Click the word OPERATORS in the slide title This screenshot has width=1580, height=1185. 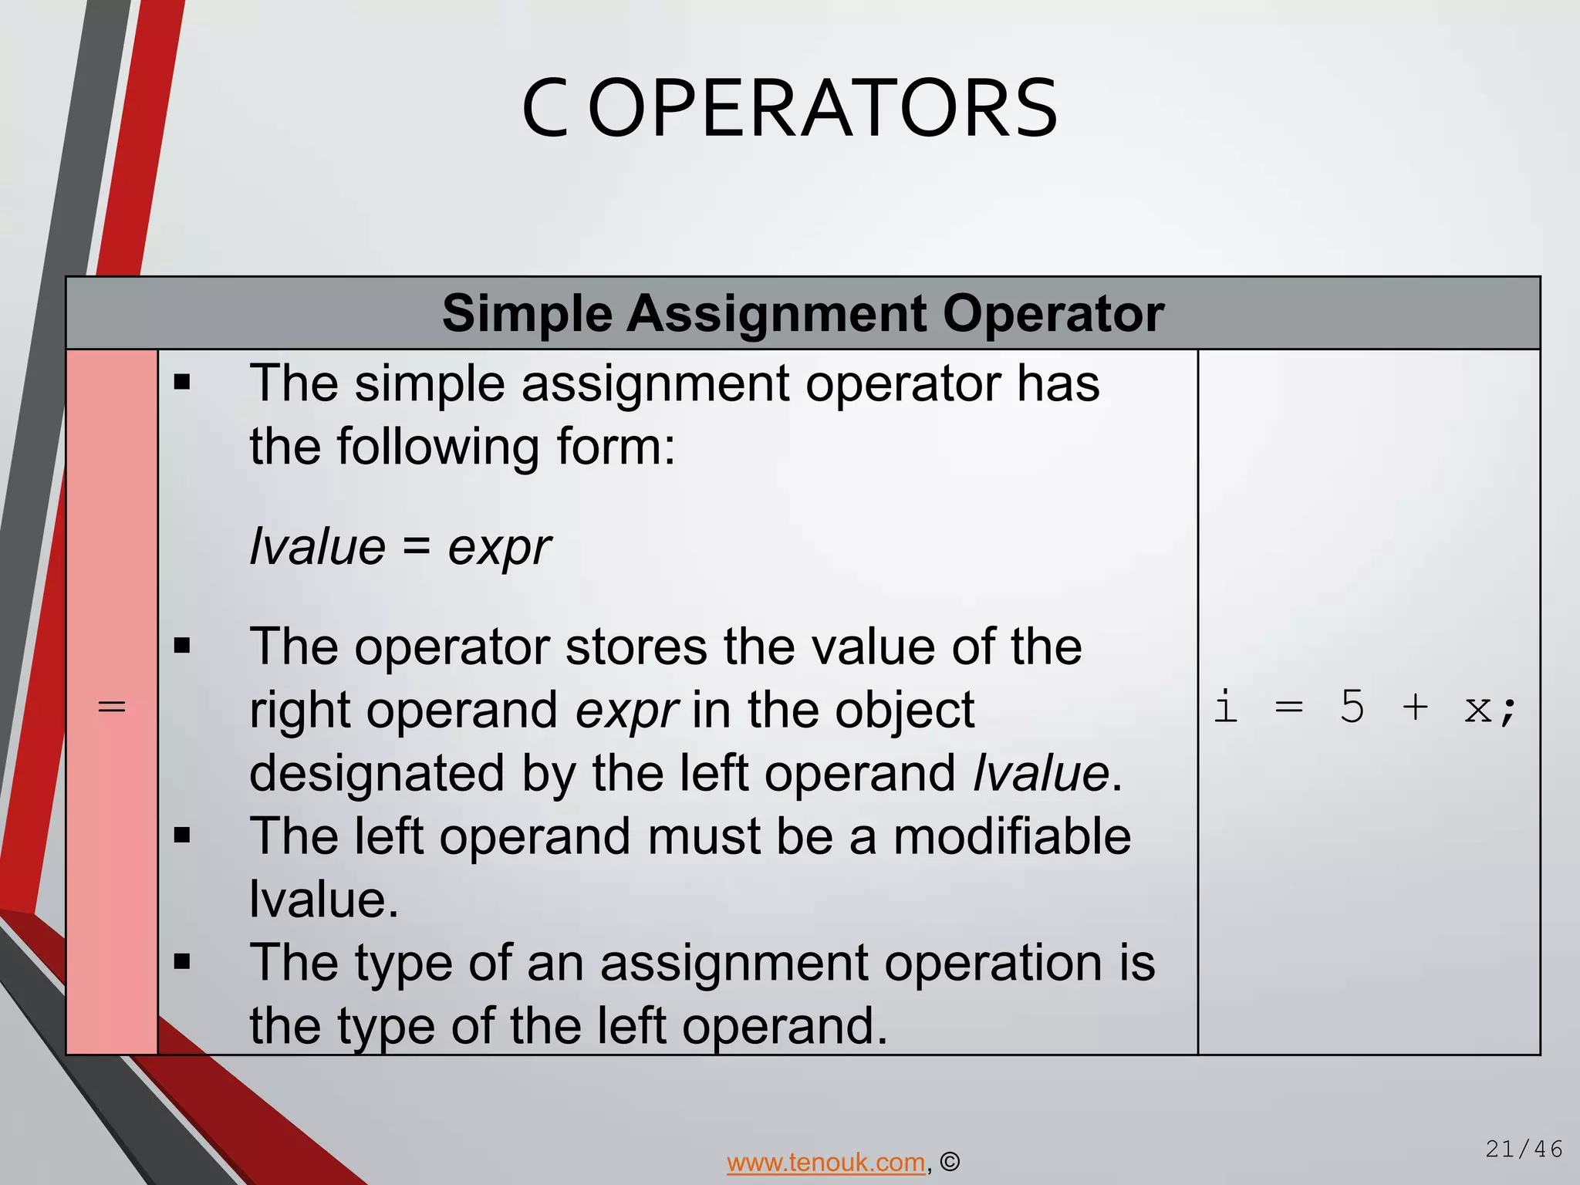(822, 110)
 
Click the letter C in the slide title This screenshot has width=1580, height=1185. (545, 110)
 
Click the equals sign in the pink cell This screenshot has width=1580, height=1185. (112, 706)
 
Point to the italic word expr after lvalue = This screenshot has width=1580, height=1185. (499, 547)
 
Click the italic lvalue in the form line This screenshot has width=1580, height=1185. (317, 547)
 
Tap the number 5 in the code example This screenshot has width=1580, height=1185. (1352, 706)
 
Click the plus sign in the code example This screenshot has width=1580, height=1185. (1415, 706)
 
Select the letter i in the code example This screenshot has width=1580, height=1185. (1226, 706)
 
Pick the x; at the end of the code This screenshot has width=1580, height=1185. (1489, 707)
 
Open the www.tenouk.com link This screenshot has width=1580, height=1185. (825, 1162)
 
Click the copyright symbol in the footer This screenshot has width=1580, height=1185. (950, 1162)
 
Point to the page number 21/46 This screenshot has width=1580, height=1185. (1524, 1150)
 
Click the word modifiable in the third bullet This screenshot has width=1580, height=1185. (1012, 836)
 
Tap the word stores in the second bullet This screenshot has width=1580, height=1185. (636, 647)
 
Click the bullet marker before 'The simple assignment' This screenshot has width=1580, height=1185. (182, 383)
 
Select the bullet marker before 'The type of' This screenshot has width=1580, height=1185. (182, 962)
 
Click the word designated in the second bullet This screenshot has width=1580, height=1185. (376, 773)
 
